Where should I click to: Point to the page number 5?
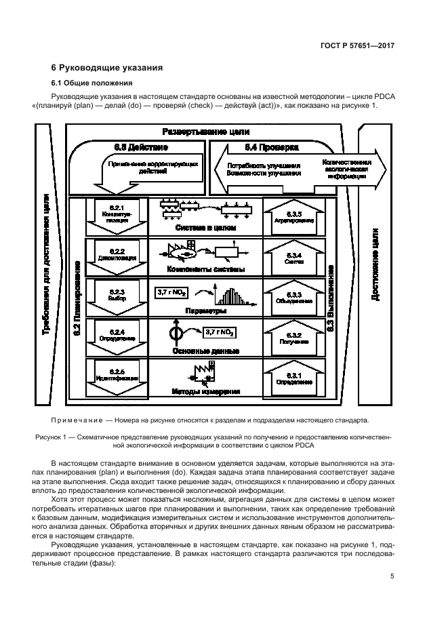click(x=393, y=577)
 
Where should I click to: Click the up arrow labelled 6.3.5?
click(x=293, y=216)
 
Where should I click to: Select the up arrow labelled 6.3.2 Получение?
click(x=293, y=338)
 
